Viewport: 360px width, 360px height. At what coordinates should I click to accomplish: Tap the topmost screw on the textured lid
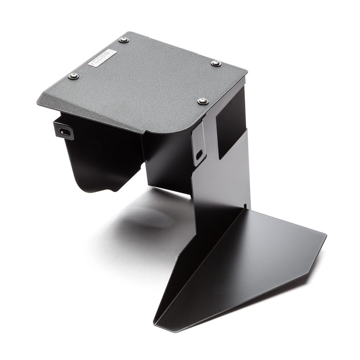[x=124, y=40]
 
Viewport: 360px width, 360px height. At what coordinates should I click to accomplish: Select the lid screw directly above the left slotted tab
[x=74, y=76]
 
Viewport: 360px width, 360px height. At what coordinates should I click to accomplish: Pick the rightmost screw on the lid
[x=216, y=63]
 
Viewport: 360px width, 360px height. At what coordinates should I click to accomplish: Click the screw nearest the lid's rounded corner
[x=202, y=101]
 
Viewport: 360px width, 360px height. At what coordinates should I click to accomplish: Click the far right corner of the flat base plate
[x=326, y=234]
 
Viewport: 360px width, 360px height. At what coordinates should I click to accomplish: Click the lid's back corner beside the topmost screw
[x=130, y=32]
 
